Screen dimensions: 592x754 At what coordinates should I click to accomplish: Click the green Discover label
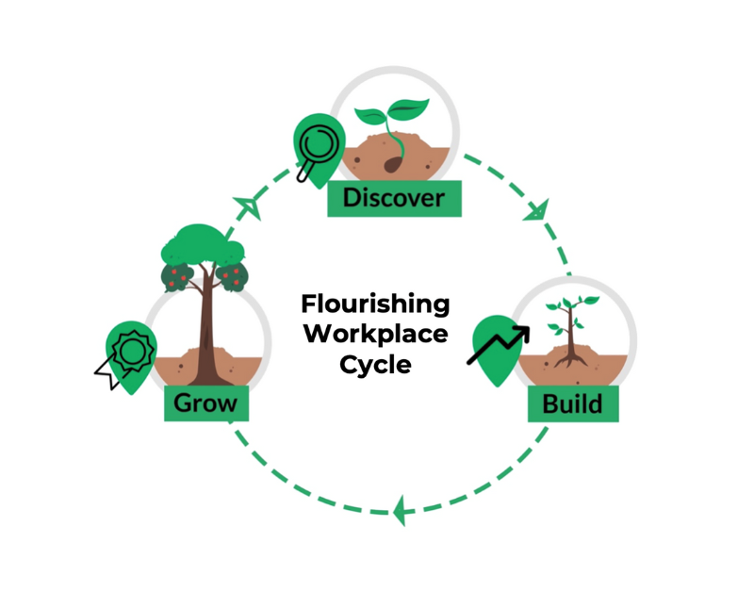click(394, 198)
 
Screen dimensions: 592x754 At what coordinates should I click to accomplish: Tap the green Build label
click(572, 404)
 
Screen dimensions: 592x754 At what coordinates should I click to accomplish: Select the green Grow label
click(205, 404)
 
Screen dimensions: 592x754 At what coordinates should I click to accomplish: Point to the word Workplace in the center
click(375, 334)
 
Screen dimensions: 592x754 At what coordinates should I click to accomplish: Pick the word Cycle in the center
click(375, 364)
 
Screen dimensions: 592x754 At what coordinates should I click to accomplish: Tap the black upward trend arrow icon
click(499, 345)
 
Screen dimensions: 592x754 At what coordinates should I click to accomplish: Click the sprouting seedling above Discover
click(390, 118)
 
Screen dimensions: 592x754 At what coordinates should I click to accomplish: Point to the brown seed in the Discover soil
click(391, 165)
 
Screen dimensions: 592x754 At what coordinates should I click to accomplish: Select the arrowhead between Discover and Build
click(539, 207)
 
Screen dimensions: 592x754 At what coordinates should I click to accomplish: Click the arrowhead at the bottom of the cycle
click(401, 510)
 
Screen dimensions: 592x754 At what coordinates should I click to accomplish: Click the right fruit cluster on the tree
click(232, 274)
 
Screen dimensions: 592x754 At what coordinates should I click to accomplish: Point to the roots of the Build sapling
click(568, 358)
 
